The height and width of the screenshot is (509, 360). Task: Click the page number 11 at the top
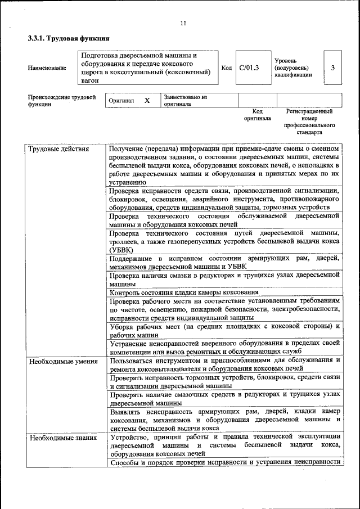[183, 23]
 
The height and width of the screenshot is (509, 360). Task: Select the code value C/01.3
[249, 67]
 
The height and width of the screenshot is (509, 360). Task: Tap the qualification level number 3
[333, 67]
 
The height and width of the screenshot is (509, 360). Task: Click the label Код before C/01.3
[227, 67]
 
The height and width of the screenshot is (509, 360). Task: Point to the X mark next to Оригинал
[147, 101]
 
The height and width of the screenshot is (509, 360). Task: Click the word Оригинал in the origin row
[121, 101]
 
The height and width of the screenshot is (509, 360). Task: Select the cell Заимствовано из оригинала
[186, 101]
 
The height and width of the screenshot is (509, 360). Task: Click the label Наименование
[47, 68]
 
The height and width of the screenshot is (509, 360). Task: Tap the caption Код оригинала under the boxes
[257, 115]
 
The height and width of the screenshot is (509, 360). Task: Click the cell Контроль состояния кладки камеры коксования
[184, 292]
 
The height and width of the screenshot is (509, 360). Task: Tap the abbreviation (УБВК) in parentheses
[121, 250]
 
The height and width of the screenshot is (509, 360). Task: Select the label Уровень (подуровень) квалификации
[292, 67]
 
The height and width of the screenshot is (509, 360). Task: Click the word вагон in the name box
[91, 80]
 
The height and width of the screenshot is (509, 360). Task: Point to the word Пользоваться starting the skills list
[133, 360]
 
